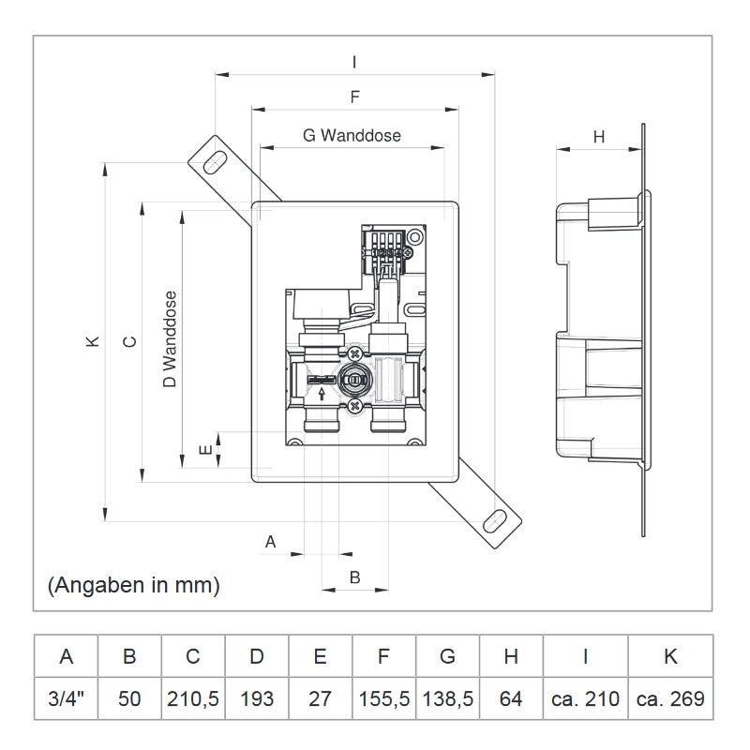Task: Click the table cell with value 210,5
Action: (x=192, y=698)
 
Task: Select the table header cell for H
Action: (x=511, y=656)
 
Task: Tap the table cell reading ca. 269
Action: (x=670, y=698)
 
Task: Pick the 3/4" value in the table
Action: (x=66, y=698)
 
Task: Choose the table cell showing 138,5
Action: (x=447, y=698)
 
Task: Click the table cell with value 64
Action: (x=511, y=698)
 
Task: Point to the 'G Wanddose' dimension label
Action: (x=352, y=135)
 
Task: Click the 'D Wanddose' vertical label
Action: (x=170, y=338)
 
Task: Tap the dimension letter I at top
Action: (x=353, y=62)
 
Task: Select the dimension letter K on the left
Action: (x=92, y=342)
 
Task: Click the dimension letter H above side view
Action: (x=599, y=137)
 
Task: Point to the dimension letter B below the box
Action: (x=354, y=577)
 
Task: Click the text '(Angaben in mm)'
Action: (x=133, y=586)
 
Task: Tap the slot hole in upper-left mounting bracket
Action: (x=214, y=160)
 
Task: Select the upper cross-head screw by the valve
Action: (x=354, y=353)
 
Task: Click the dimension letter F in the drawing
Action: (x=354, y=97)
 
